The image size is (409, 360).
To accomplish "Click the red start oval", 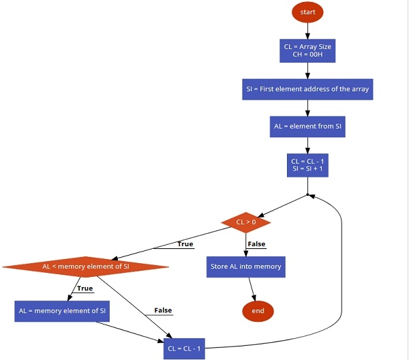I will [x=307, y=13].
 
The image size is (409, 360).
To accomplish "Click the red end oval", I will [x=258, y=311].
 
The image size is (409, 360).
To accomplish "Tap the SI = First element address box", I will [x=307, y=89].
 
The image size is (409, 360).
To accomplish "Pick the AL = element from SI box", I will [x=307, y=127].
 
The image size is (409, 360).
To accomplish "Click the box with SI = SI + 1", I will [x=307, y=168].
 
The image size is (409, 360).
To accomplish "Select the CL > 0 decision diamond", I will [x=246, y=222].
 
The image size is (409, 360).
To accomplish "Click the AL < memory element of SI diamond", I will [x=85, y=267].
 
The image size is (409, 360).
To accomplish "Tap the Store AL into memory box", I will [x=245, y=267].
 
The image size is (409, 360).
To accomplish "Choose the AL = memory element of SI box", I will [x=62, y=310].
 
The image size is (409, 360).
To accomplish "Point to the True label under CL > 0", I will [x=185, y=244].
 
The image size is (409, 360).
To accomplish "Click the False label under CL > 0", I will [x=256, y=244].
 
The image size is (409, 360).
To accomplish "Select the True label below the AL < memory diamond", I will [x=85, y=288].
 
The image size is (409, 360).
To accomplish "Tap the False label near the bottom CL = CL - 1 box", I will [x=163, y=310].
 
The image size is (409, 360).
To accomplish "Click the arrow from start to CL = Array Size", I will [x=307, y=31].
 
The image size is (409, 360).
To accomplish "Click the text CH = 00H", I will [x=307, y=55].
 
